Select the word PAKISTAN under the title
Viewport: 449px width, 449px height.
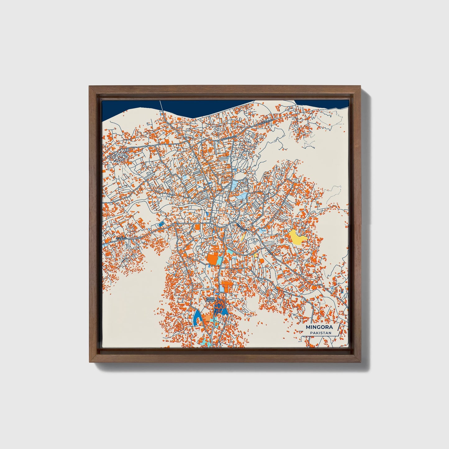[320, 333]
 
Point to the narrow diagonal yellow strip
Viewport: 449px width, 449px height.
[243, 237]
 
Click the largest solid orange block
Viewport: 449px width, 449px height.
[213, 259]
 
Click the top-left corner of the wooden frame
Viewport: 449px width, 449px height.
[90, 87]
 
